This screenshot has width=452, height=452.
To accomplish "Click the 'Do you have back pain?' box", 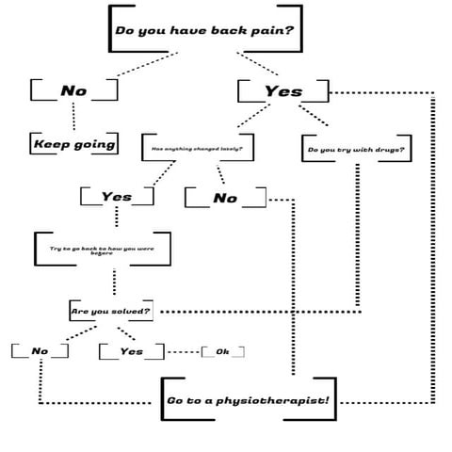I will click(204, 29).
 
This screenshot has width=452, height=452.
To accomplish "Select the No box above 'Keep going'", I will click(73, 90).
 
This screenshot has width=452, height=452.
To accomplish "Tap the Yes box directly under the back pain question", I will click(283, 91).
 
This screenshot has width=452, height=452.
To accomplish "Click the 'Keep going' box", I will click(74, 144).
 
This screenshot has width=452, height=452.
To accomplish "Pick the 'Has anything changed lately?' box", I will click(198, 148).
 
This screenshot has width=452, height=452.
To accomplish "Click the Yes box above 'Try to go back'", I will click(117, 197).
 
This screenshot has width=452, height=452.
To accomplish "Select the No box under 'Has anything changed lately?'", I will click(225, 198).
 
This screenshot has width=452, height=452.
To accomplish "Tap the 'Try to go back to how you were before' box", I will click(102, 250).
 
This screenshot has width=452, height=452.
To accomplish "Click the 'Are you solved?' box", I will click(111, 310).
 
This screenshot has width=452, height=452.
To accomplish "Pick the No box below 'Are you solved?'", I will click(40, 351).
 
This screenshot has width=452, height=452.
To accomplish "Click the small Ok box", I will click(222, 351).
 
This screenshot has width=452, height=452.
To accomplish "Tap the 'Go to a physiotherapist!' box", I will click(248, 401).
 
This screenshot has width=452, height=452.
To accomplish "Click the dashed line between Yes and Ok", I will click(183, 351).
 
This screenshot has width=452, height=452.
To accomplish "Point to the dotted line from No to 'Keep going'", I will click(73, 117).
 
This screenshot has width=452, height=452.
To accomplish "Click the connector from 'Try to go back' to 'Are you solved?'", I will click(114, 282).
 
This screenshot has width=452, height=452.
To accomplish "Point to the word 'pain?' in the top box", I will click(271, 29).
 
